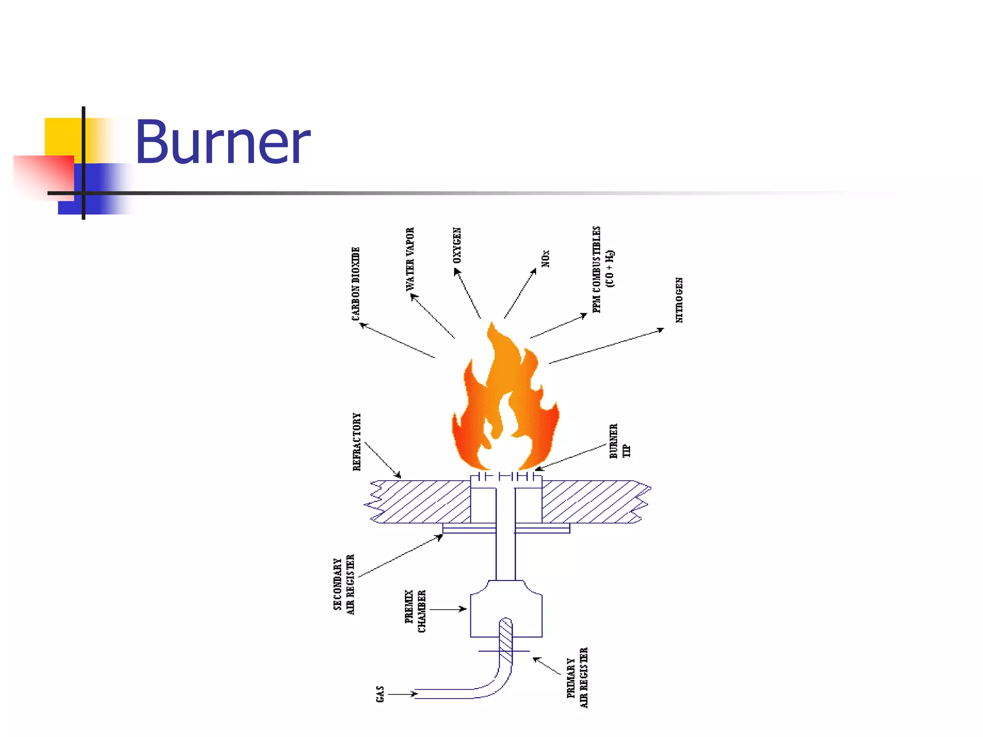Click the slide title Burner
point(222,142)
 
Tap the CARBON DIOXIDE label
point(356,284)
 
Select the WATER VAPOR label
point(410,259)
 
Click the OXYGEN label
point(457,245)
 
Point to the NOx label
point(545,258)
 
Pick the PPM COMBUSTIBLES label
point(602,270)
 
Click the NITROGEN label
point(679,300)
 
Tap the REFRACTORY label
point(357,442)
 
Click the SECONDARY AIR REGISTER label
point(344,584)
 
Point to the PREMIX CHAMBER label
point(415,611)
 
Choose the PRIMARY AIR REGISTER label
point(577,678)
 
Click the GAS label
point(380,694)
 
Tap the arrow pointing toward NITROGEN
point(607,346)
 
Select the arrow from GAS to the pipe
point(402,694)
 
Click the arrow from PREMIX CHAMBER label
point(448,609)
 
